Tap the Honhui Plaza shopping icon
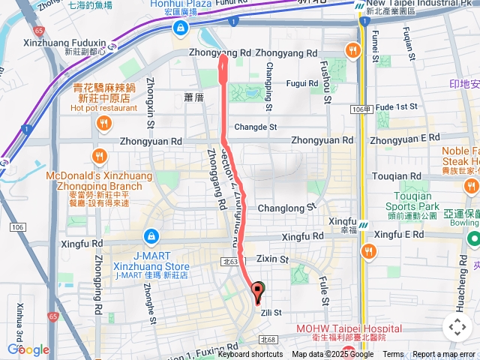tap(180, 29)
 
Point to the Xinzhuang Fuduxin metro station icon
tap(112, 46)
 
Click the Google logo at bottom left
tap(28, 349)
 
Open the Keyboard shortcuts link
tap(250, 355)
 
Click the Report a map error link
tap(445, 355)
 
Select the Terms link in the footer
tap(393, 355)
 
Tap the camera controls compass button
tap(457, 327)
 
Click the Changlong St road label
tap(286, 208)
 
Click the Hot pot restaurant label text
tap(104, 107)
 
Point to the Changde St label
tap(256, 127)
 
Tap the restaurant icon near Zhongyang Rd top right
tap(352, 50)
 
